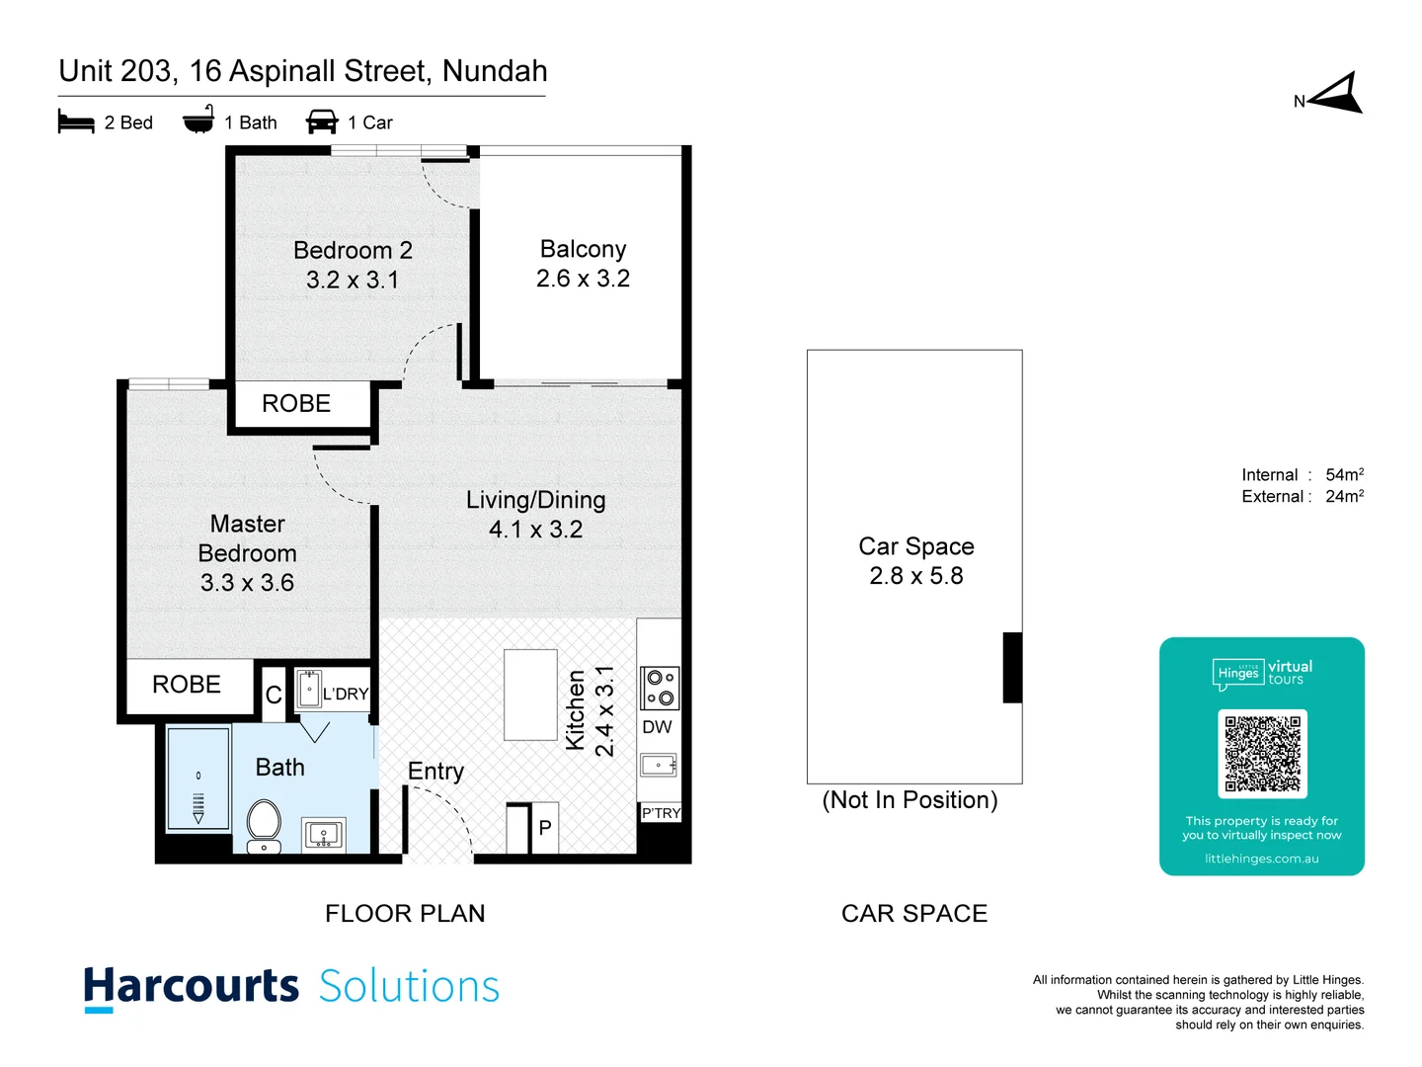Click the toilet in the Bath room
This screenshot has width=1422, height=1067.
pos(264,823)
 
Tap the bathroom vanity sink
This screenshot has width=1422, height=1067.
pos(323,835)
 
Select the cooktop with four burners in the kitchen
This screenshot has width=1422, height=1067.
pos(660,688)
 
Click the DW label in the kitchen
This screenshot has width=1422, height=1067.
pos(657,727)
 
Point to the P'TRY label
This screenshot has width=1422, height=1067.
pos(661,813)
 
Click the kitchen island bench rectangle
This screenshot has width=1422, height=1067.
pos(530,695)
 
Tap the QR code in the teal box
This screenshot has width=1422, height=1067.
pos(1262,753)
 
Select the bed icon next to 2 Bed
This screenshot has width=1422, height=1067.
pos(76,123)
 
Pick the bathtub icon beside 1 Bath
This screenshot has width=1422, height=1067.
pos(198,121)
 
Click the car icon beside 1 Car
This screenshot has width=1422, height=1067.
pos(322,123)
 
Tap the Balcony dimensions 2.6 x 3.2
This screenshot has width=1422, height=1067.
pos(583,279)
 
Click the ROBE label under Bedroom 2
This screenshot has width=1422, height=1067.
pos(296,403)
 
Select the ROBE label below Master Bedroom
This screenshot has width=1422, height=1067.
pos(187,685)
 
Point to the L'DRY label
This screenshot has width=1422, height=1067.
pos(345,695)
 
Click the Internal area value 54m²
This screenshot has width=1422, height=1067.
pos(1344,475)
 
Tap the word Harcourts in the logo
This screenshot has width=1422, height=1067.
pos(191,987)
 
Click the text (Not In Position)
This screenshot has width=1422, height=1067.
pos(909,800)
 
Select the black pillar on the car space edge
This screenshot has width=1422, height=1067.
pos(1012,668)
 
